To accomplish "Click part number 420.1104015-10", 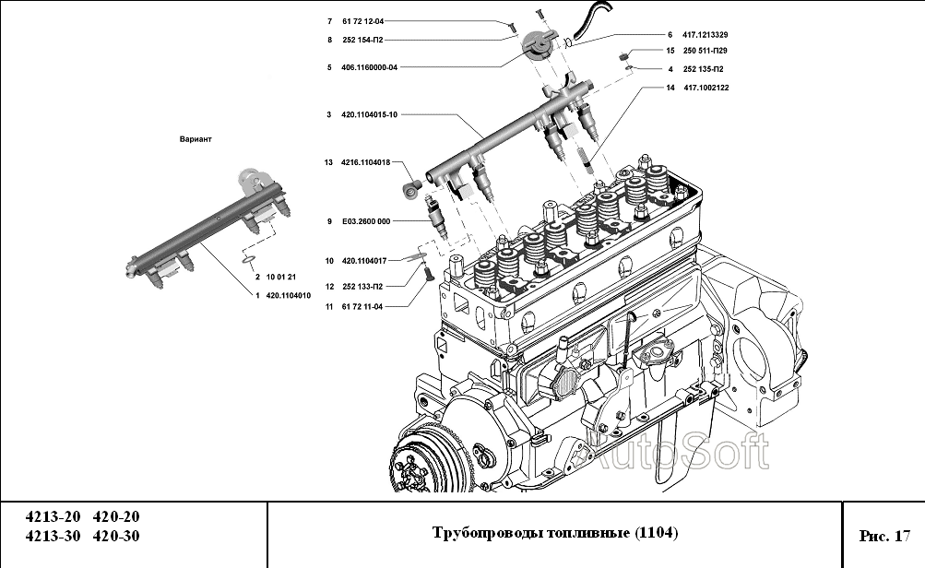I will click(x=369, y=114).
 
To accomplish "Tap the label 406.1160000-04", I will click(x=369, y=67).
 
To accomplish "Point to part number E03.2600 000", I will click(x=366, y=221).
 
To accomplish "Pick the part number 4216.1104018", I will click(x=366, y=162).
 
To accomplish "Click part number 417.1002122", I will click(x=706, y=88).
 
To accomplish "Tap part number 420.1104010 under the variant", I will click(x=288, y=296).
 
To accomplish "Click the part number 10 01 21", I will click(x=280, y=277).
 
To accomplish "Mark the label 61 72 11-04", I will click(x=362, y=306).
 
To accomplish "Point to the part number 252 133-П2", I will click(x=362, y=287).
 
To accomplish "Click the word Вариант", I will click(x=196, y=139).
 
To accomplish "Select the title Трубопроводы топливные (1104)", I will click(x=554, y=534).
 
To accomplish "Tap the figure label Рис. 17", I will click(x=883, y=535).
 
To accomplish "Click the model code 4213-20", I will click(x=53, y=517).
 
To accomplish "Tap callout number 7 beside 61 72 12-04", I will click(x=327, y=20).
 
